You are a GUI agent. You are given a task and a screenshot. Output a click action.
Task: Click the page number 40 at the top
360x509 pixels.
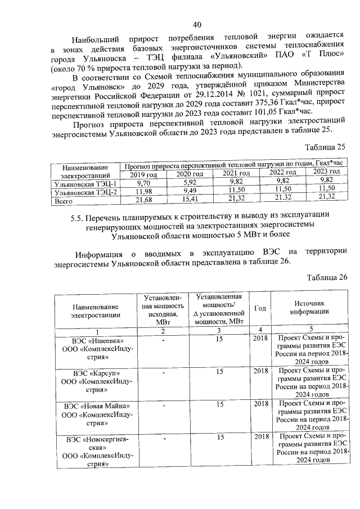pos(196,24)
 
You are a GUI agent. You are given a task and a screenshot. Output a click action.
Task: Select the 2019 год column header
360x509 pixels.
pos(143,174)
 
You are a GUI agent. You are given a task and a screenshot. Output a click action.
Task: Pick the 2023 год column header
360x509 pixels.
pos(326,172)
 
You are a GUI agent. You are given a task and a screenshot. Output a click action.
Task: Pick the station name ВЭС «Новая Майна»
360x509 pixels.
pos(98,406)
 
